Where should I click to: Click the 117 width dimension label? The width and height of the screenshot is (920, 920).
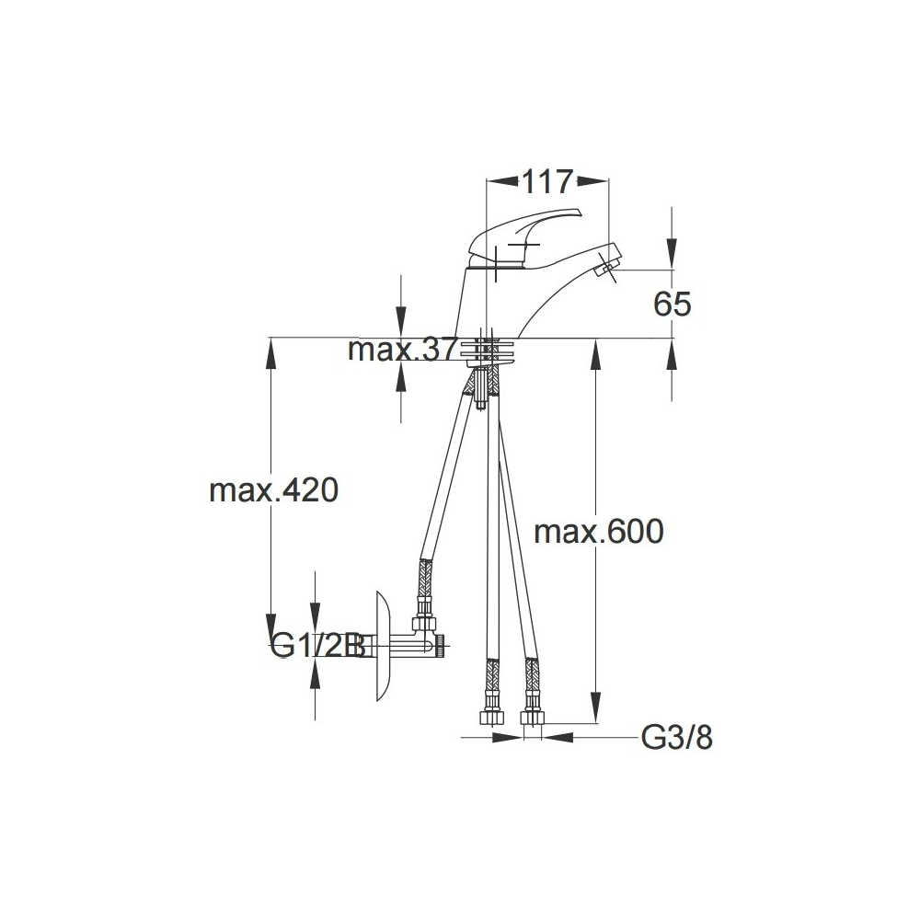click(546, 182)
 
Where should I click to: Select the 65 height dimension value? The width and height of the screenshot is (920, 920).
click(673, 304)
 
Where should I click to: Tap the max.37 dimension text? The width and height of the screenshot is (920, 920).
click(402, 351)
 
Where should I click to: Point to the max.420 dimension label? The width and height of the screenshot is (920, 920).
click(274, 490)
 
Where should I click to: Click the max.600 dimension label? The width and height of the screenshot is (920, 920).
click(599, 532)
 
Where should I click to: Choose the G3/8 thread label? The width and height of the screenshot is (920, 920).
click(676, 738)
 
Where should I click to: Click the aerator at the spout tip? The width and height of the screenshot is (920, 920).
click(605, 270)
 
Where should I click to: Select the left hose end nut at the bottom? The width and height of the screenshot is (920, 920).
click(491, 717)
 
